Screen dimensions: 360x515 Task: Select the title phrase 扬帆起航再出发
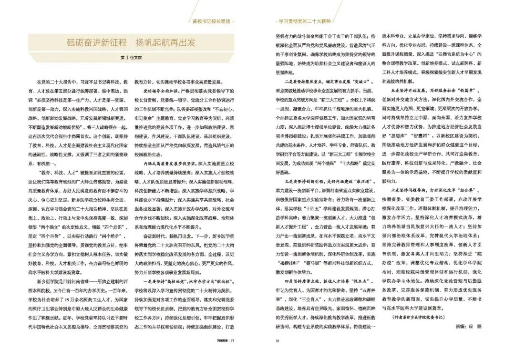(165, 42)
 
